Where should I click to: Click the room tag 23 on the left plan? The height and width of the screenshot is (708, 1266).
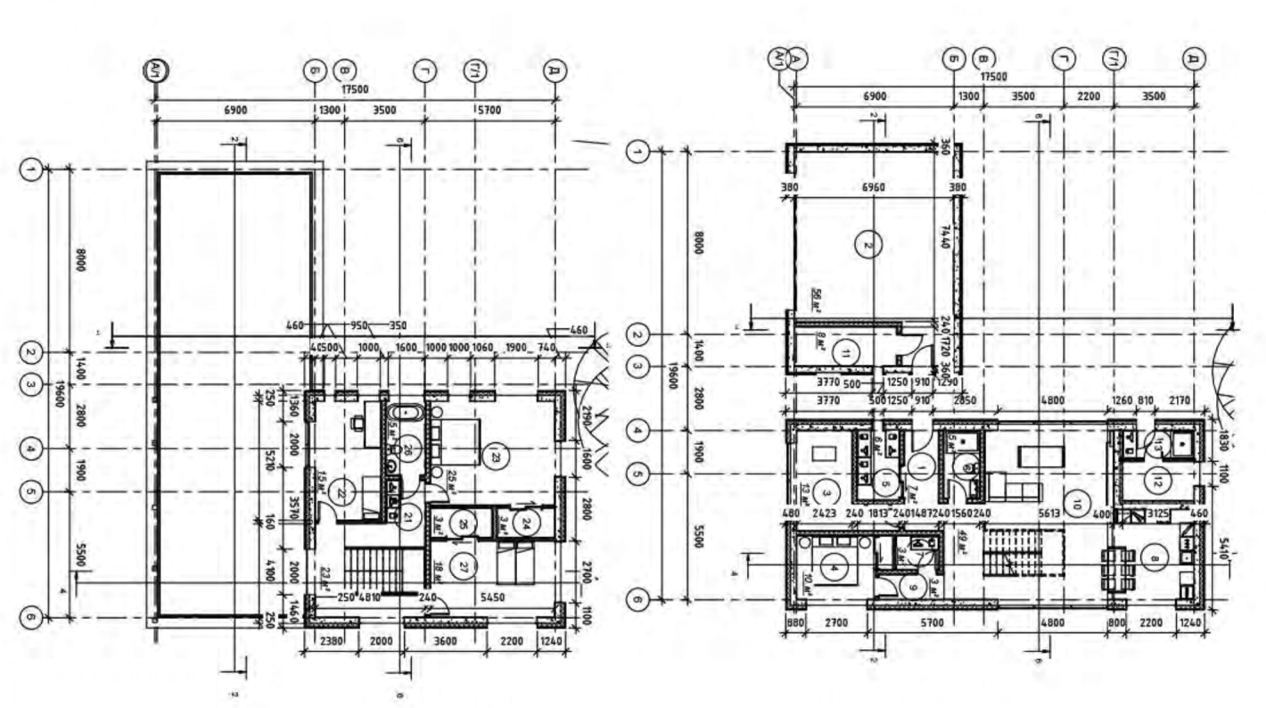pyautogui.click(x=494, y=457)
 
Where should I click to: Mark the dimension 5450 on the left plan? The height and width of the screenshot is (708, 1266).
pyautogui.click(x=491, y=597)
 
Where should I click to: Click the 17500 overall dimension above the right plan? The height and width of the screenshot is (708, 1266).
pyautogui.click(x=993, y=78)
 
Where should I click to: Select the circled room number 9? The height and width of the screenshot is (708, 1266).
pyautogui.click(x=910, y=586)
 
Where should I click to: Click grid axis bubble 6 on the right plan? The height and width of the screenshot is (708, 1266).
pyautogui.click(x=637, y=600)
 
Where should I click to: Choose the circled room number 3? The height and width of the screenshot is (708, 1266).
pyautogui.click(x=826, y=491)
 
